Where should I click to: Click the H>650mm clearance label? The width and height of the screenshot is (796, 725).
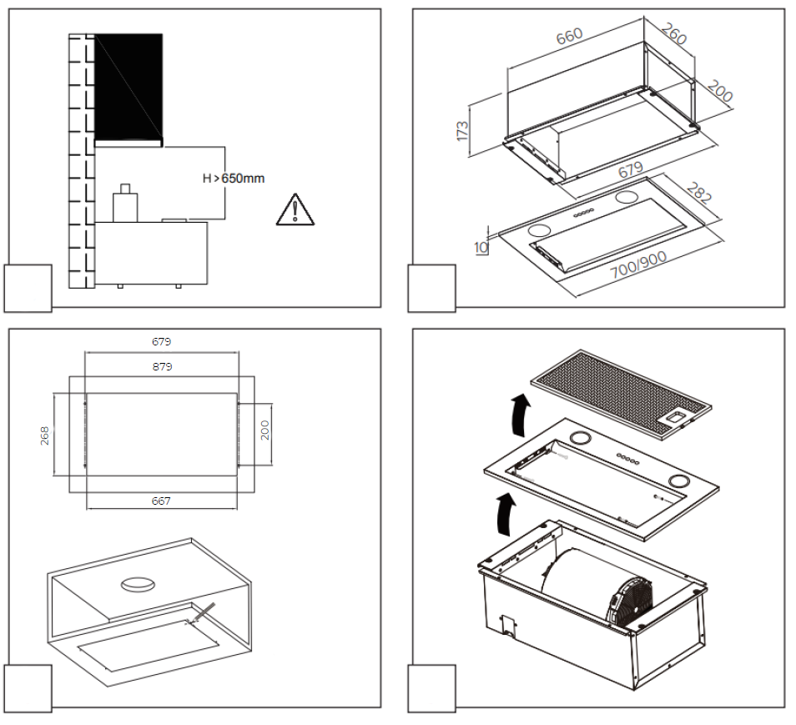tap(237, 179)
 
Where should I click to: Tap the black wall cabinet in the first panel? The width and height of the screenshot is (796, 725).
tap(128, 86)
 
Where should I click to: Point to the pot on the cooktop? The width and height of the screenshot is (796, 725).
tap(126, 204)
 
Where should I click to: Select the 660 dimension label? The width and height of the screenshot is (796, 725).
tap(570, 38)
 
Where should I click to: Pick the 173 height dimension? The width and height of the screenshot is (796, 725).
tap(462, 129)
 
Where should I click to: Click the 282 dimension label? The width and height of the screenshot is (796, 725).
tap(698, 193)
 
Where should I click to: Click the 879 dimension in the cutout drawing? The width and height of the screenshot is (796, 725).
tap(162, 366)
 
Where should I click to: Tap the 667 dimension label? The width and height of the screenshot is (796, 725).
tap(161, 501)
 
